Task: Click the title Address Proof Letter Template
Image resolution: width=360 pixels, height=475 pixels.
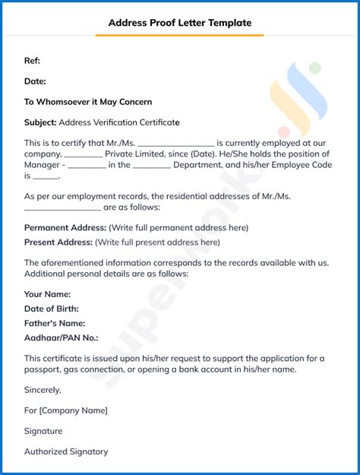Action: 179,23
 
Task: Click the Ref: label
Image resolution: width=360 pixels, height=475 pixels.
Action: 32,61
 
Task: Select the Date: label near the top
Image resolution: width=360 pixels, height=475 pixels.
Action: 35,81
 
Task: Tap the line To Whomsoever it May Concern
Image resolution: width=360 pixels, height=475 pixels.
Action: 88,102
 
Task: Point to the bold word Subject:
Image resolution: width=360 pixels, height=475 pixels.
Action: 40,122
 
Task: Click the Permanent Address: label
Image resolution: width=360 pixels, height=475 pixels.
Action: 65,227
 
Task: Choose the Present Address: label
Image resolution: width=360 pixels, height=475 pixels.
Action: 58,242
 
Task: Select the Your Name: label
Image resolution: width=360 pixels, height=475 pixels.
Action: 47,294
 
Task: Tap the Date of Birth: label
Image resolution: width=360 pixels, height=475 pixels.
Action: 52,309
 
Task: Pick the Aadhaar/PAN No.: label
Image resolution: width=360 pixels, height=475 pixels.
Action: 61,337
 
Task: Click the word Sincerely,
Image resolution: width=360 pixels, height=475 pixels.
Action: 43,390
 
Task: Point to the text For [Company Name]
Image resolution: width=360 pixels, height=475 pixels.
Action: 66,410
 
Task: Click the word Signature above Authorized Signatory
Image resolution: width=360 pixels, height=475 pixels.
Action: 43,431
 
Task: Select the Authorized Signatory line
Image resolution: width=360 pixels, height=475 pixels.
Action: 66,451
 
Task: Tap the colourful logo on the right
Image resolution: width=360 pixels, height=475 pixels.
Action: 300,95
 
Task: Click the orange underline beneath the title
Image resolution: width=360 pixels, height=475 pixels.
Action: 179,35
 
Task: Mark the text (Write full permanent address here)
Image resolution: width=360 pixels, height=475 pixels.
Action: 178,227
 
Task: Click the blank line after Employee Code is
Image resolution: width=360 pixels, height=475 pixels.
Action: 46,176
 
